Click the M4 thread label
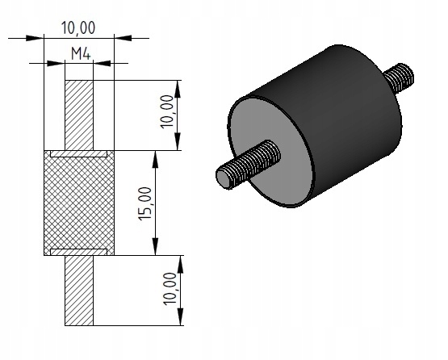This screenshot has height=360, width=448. (x=81, y=54)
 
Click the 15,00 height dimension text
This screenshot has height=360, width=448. (x=145, y=203)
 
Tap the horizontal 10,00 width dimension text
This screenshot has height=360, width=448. (x=78, y=28)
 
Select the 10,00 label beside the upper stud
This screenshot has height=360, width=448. (x=167, y=111)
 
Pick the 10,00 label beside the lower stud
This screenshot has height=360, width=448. (x=170, y=289)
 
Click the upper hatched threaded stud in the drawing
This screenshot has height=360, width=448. (x=79, y=115)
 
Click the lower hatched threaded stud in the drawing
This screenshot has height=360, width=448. (x=79, y=291)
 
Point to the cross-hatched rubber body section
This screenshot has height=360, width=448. (x=79, y=203)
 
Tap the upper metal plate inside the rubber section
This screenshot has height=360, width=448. (x=78, y=153)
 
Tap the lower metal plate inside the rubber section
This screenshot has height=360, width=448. (x=78, y=252)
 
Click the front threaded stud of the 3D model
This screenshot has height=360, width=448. (x=248, y=164)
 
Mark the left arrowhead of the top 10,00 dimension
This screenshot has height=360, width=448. (x=35, y=38)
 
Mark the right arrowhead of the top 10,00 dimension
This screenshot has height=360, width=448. (x=123, y=38)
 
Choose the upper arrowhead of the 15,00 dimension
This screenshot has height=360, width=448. (x=155, y=160)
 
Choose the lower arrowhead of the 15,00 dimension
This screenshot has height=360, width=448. (x=155, y=246)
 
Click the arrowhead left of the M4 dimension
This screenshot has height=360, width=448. (x=56, y=63)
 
